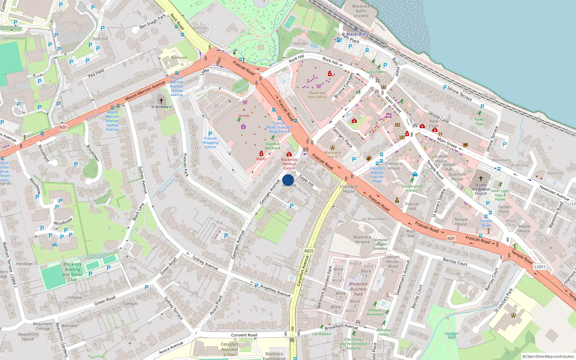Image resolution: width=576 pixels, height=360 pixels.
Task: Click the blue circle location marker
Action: click(288, 180)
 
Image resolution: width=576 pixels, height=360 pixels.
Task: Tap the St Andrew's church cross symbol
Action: click(161, 100)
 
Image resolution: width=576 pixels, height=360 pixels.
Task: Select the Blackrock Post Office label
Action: click(317, 95)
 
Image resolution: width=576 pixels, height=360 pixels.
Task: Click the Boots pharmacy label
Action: click(261, 159)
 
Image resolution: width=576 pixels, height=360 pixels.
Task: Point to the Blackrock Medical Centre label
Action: click(289, 164)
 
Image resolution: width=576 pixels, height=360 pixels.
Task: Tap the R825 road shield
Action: click(309, 251)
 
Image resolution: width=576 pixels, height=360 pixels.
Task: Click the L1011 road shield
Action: click(540, 267)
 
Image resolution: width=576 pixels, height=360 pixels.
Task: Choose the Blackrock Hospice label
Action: click(362, 239)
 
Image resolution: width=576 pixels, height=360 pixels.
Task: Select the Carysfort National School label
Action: click(230, 349)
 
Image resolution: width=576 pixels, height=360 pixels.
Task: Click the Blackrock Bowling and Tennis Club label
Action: click(72, 272)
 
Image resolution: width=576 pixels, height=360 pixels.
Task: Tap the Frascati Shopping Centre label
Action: click(210, 143)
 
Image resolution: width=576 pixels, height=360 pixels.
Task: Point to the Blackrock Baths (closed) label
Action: click(361, 11)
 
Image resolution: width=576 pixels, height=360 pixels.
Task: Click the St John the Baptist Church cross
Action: click(481, 178)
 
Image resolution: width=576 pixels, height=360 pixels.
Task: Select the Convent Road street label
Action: click(244, 335)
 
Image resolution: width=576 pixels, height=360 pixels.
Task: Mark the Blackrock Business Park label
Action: click(359, 289)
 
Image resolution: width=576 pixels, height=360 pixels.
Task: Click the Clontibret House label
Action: click(349, 189)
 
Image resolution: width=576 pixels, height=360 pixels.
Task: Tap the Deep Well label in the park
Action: click(300, 44)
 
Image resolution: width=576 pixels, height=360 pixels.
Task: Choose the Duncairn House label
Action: click(394, 166)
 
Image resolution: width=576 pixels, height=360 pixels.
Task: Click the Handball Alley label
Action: click(451, 336)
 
